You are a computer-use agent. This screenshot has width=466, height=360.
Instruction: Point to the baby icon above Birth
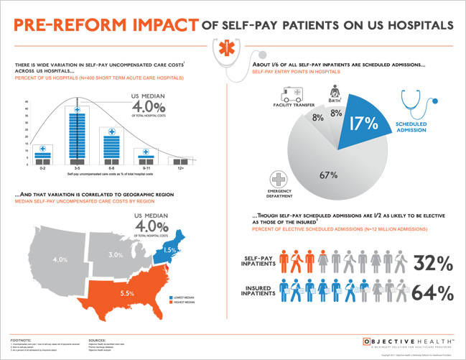[334, 91]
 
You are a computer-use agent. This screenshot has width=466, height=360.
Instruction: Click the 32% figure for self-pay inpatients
[432, 264]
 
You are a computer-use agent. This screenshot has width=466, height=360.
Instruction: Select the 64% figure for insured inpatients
[432, 292]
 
